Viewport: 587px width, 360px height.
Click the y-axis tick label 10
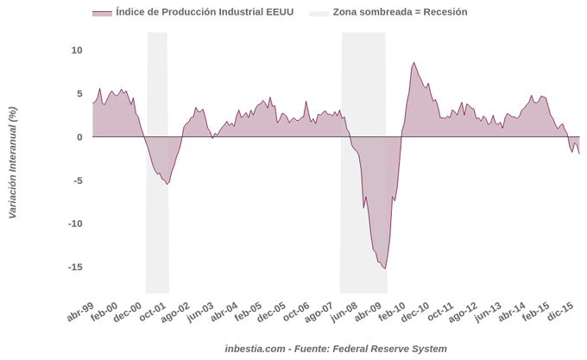pos(76,50)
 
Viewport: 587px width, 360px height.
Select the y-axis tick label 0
pos(79,136)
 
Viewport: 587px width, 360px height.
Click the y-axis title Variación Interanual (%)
pos(12,162)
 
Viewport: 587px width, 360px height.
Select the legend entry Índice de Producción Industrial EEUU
pos(193,12)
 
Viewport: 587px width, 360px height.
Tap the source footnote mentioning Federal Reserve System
pos(336,348)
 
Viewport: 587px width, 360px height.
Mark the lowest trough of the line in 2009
pos(385,268)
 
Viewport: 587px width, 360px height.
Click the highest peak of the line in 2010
pos(414,63)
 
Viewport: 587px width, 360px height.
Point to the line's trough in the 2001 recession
pos(167,184)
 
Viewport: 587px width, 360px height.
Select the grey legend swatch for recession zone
pos(319,12)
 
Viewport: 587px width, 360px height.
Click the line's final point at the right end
pos(579,154)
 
